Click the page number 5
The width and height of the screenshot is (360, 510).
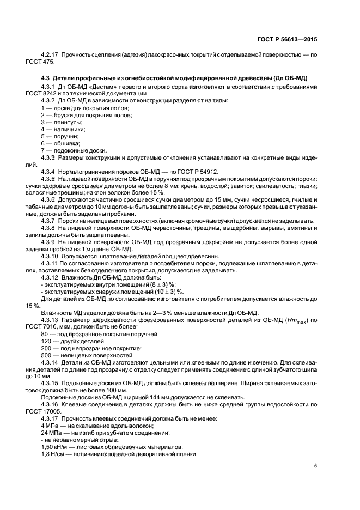click(x=316, y=466)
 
